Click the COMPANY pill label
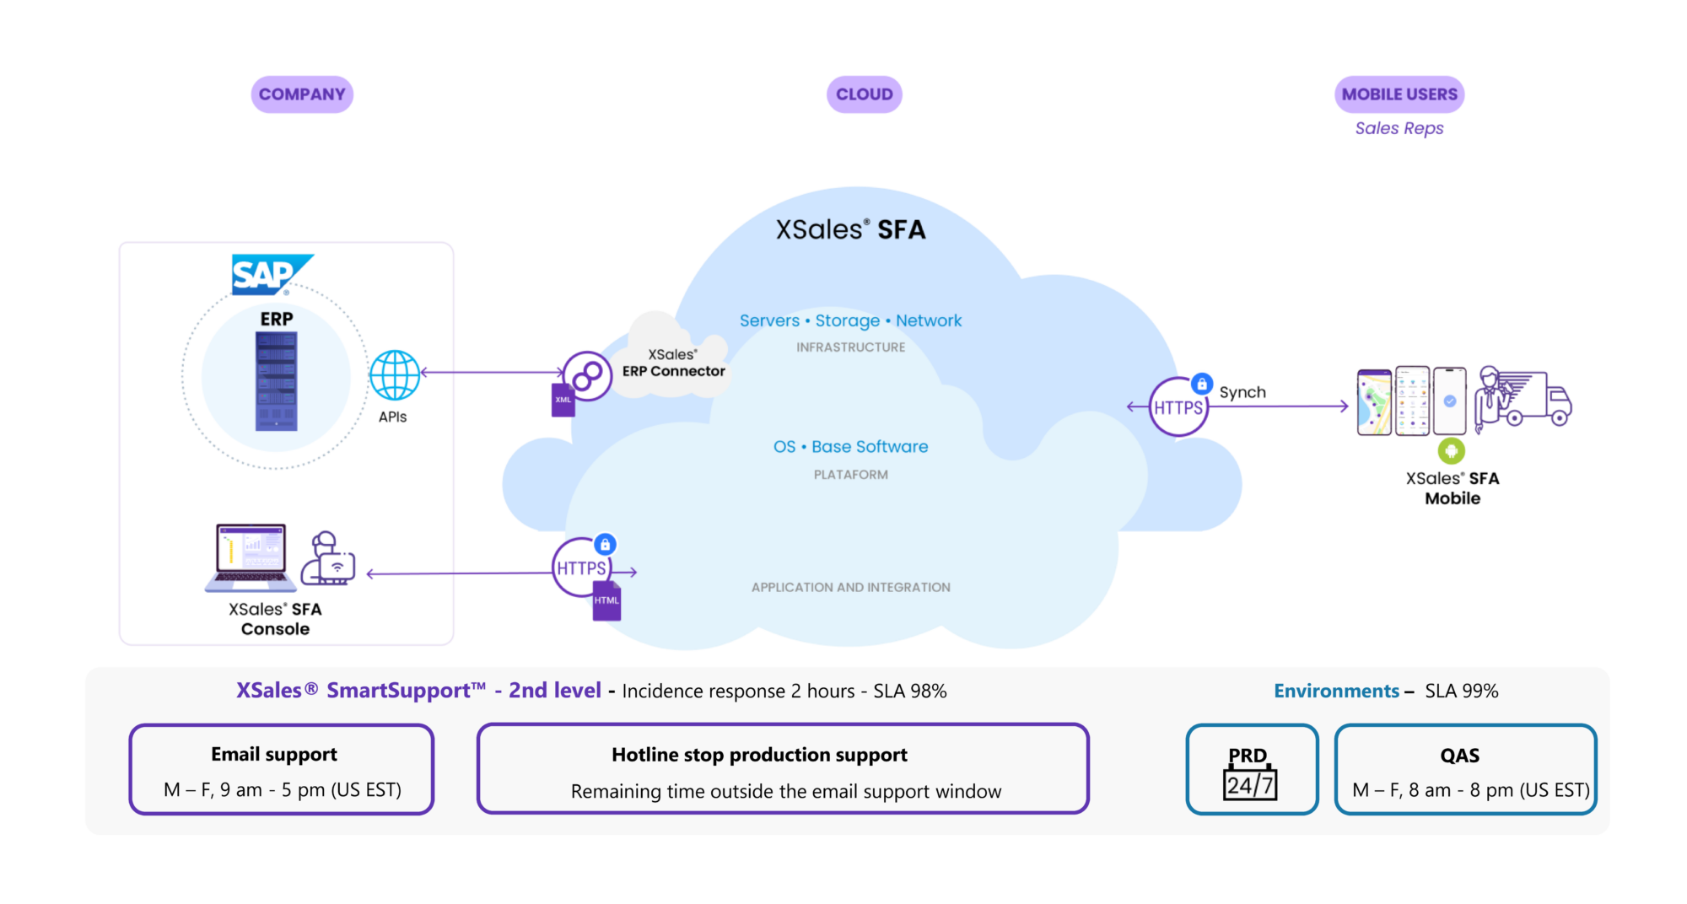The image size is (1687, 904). point(302,94)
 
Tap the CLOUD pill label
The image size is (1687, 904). point(864,94)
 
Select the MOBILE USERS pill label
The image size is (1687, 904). point(1399,94)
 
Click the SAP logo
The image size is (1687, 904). point(268,275)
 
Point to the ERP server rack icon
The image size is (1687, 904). point(276,381)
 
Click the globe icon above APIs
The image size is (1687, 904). point(394,375)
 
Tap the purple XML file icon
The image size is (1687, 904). point(563,400)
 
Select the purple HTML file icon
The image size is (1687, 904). point(606,600)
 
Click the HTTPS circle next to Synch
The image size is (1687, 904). point(1178,407)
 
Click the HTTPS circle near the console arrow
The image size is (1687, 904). point(581,568)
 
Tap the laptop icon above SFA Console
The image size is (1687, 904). point(251,557)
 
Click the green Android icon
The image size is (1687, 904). point(1451,451)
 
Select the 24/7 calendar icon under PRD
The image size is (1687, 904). point(1249,784)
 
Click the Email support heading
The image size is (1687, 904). point(274,754)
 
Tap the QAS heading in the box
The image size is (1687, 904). point(1459,756)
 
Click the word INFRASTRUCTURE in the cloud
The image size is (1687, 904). point(850,347)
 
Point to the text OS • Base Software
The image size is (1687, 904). point(850,447)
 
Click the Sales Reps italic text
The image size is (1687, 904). point(1399,128)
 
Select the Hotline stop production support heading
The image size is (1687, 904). point(759,755)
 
